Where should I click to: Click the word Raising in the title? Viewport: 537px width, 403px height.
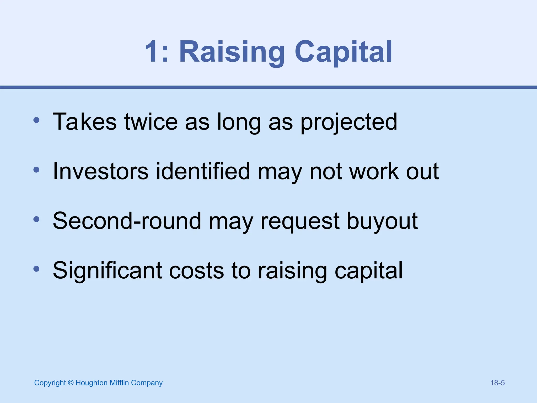point(232,52)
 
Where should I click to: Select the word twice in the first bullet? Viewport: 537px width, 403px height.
point(151,122)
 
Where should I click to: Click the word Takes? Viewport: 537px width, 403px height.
point(84,122)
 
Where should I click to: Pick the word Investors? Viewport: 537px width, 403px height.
point(101,171)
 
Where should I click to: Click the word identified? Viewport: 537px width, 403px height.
point(203,171)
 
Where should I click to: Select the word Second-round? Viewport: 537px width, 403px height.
point(127,221)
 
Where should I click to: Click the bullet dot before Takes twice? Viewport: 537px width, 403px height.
point(36,120)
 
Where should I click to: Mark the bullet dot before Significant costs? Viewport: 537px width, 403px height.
point(36,269)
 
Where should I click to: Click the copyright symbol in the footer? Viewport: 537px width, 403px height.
point(71,383)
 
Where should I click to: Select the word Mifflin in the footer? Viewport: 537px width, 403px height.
point(119,383)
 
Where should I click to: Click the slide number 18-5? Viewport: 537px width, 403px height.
point(497,383)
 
